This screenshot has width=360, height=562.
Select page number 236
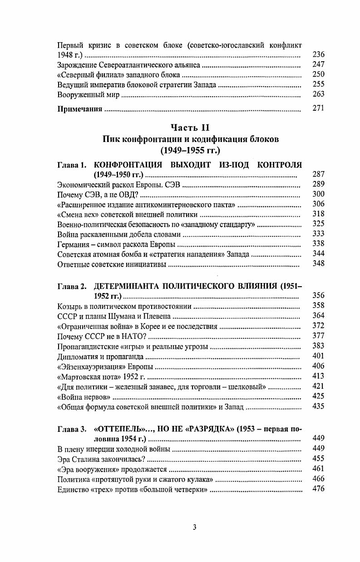pos(319,54)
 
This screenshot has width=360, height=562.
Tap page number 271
pos(319,109)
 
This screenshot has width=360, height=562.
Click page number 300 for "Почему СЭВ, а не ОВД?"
pos(319,194)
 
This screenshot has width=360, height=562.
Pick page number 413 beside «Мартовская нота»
pos(319,376)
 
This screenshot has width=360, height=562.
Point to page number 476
pos(319,489)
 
